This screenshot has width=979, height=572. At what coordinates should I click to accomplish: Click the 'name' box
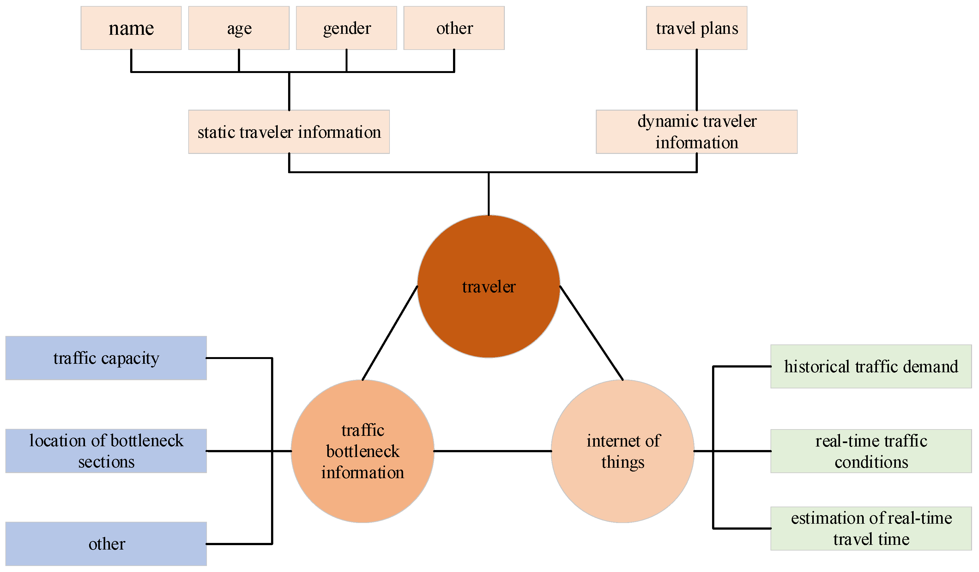point(131,28)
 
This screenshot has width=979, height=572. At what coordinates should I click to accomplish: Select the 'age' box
point(239,28)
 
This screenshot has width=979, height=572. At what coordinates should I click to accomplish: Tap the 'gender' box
point(346,28)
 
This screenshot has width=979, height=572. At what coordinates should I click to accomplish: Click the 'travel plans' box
point(697,28)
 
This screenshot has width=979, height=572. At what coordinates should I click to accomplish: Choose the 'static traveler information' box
point(289,132)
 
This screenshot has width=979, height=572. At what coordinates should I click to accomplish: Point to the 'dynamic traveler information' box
point(697,132)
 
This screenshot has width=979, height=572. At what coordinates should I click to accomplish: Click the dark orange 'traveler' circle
point(488,286)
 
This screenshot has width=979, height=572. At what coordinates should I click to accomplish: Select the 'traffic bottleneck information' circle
point(362,451)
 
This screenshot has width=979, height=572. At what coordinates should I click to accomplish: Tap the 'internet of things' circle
point(622,451)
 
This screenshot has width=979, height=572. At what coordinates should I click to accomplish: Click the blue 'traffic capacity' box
point(106,358)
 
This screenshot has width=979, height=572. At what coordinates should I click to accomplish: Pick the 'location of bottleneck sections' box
point(106,451)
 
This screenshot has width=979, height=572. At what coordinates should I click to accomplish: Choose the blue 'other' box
point(106,544)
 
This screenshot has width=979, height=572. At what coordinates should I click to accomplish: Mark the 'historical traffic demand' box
point(871,367)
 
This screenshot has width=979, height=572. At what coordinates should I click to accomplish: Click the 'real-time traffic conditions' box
point(871,451)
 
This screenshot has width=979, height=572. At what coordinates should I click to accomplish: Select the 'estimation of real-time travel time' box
point(871,528)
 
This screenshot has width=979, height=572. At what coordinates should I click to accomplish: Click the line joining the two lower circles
point(492,451)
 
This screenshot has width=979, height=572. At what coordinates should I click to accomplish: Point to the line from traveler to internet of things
point(591,333)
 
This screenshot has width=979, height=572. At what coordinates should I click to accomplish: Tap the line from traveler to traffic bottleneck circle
point(390,333)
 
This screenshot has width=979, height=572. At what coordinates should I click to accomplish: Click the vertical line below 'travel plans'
point(697,80)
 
